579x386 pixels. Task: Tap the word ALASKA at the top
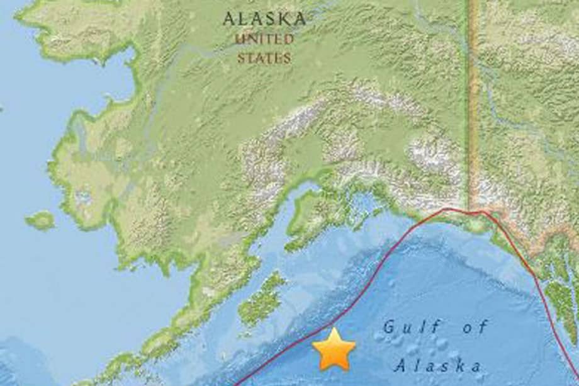[264, 19]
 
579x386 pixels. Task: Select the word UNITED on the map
[264, 40]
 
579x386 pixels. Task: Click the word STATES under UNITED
[264, 59]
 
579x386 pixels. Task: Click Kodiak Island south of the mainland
[261, 300]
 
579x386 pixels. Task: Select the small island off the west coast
[40, 220]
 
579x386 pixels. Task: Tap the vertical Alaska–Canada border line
[473, 94]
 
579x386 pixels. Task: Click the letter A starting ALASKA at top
[228, 19]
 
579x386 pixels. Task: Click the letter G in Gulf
[389, 327]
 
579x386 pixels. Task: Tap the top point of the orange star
[334, 329]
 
